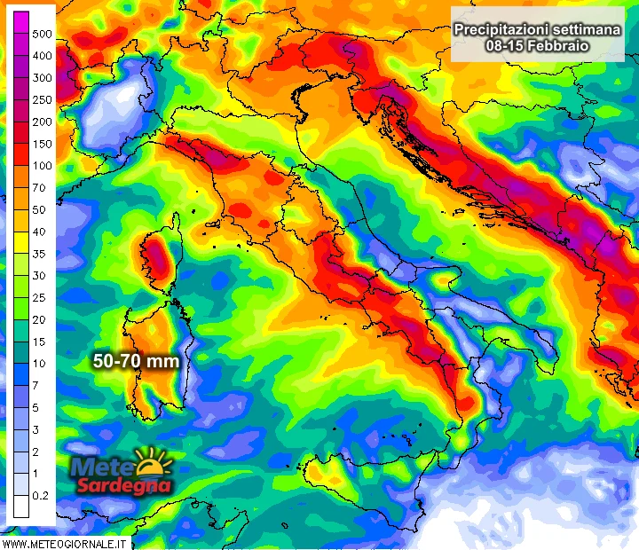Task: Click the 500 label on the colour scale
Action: pos(42,34)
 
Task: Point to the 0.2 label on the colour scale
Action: pos(41,496)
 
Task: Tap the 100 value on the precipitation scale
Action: pos(42,166)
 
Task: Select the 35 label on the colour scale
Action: pos(39,254)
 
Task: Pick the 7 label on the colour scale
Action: pos(35,386)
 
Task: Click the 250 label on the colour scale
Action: pos(42,99)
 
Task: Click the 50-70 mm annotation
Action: pos(137,361)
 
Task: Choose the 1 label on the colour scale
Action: pos(35,474)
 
